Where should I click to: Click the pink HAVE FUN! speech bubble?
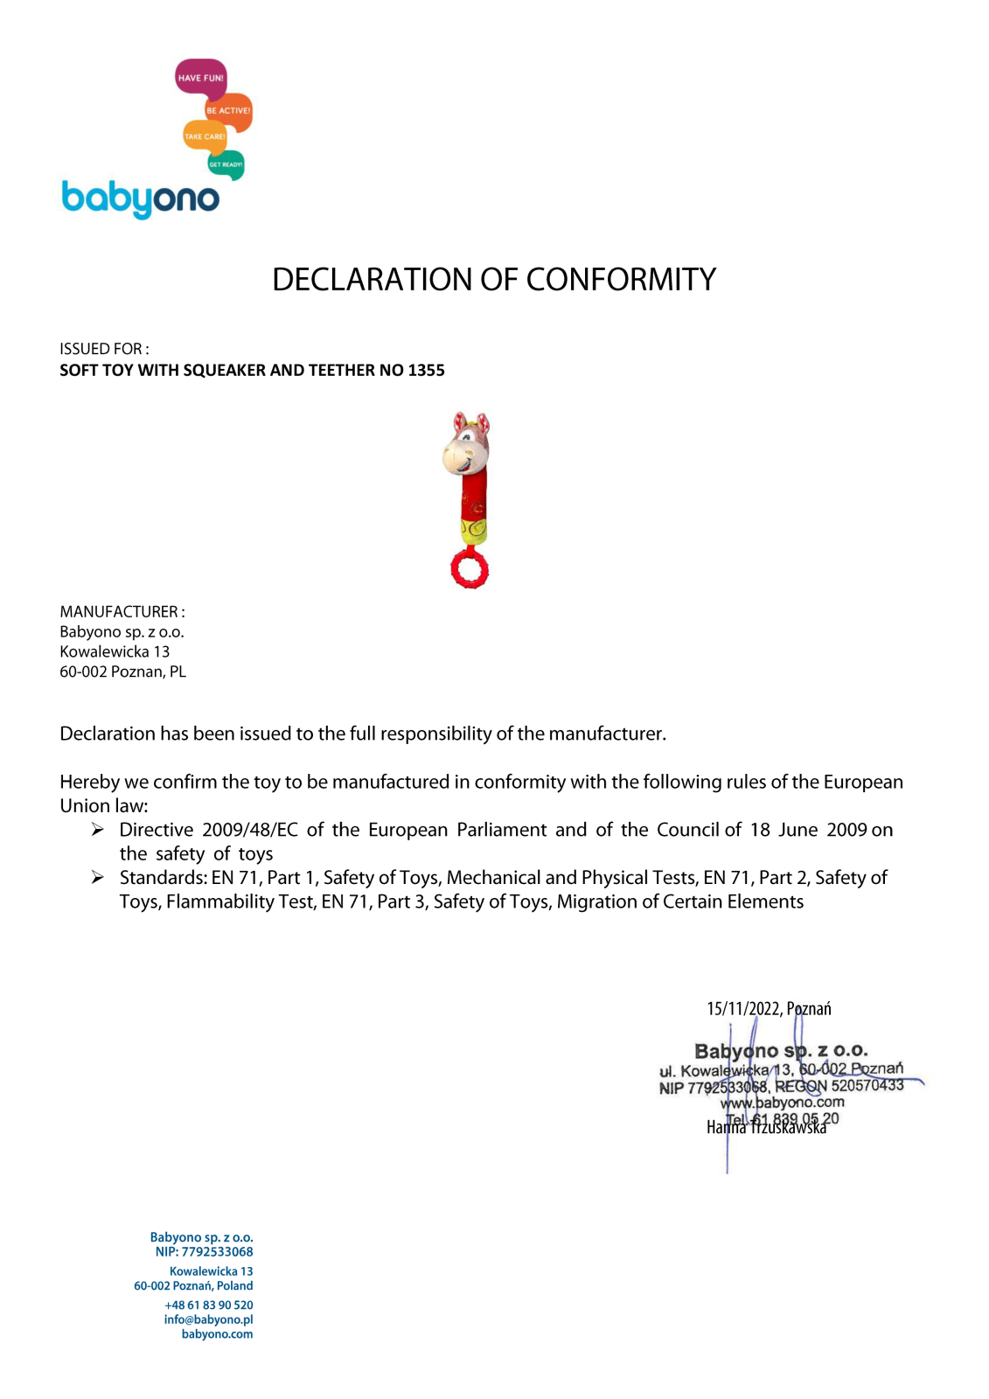pyautogui.click(x=200, y=78)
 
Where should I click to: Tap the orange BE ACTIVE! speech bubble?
pyautogui.click(x=228, y=111)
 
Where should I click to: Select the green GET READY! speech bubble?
pyautogui.click(x=226, y=164)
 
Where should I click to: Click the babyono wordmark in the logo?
pyautogui.click(x=140, y=198)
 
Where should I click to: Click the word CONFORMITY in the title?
pyautogui.click(x=621, y=280)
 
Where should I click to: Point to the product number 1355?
pyautogui.click(x=426, y=371)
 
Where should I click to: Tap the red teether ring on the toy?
pyautogui.click(x=470, y=570)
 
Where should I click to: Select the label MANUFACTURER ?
pyautogui.click(x=122, y=612)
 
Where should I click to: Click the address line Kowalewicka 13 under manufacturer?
pyautogui.click(x=115, y=652)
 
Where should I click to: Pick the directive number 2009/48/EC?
pyautogui.click(x=250, y=830)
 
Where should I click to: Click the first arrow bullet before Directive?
pyautogui.click(x=98, y=830)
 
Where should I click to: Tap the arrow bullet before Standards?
pyautogui.click(x=98, y=878)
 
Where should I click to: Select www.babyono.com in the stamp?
pyautogui.click(x=783, y=1103)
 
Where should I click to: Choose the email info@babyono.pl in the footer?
pyautogui.click(x=208, y=1320)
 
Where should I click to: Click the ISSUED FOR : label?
pyautogui.click(x=104, y=349)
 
